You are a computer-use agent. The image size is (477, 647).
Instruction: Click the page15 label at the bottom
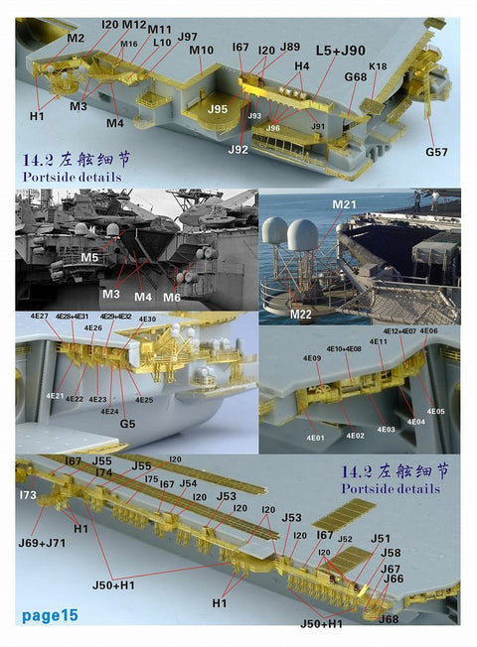[50, 616]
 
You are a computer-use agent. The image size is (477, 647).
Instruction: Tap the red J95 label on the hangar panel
[219, 109]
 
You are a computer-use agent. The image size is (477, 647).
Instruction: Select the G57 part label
[437, 153]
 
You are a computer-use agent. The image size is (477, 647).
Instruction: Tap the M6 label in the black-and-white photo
[173, 298]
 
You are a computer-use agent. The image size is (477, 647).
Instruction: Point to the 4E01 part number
[316, 437]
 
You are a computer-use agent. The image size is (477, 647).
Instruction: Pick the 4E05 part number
[436, 411]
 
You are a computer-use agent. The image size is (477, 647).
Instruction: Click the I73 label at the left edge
[27, 494]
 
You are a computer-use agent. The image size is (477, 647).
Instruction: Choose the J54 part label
[188, 484]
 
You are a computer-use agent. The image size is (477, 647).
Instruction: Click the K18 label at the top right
[379, 65]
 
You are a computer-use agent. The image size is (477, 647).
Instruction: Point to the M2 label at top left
[76, 38]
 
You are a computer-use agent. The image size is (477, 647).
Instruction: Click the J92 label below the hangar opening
[238, 150]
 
